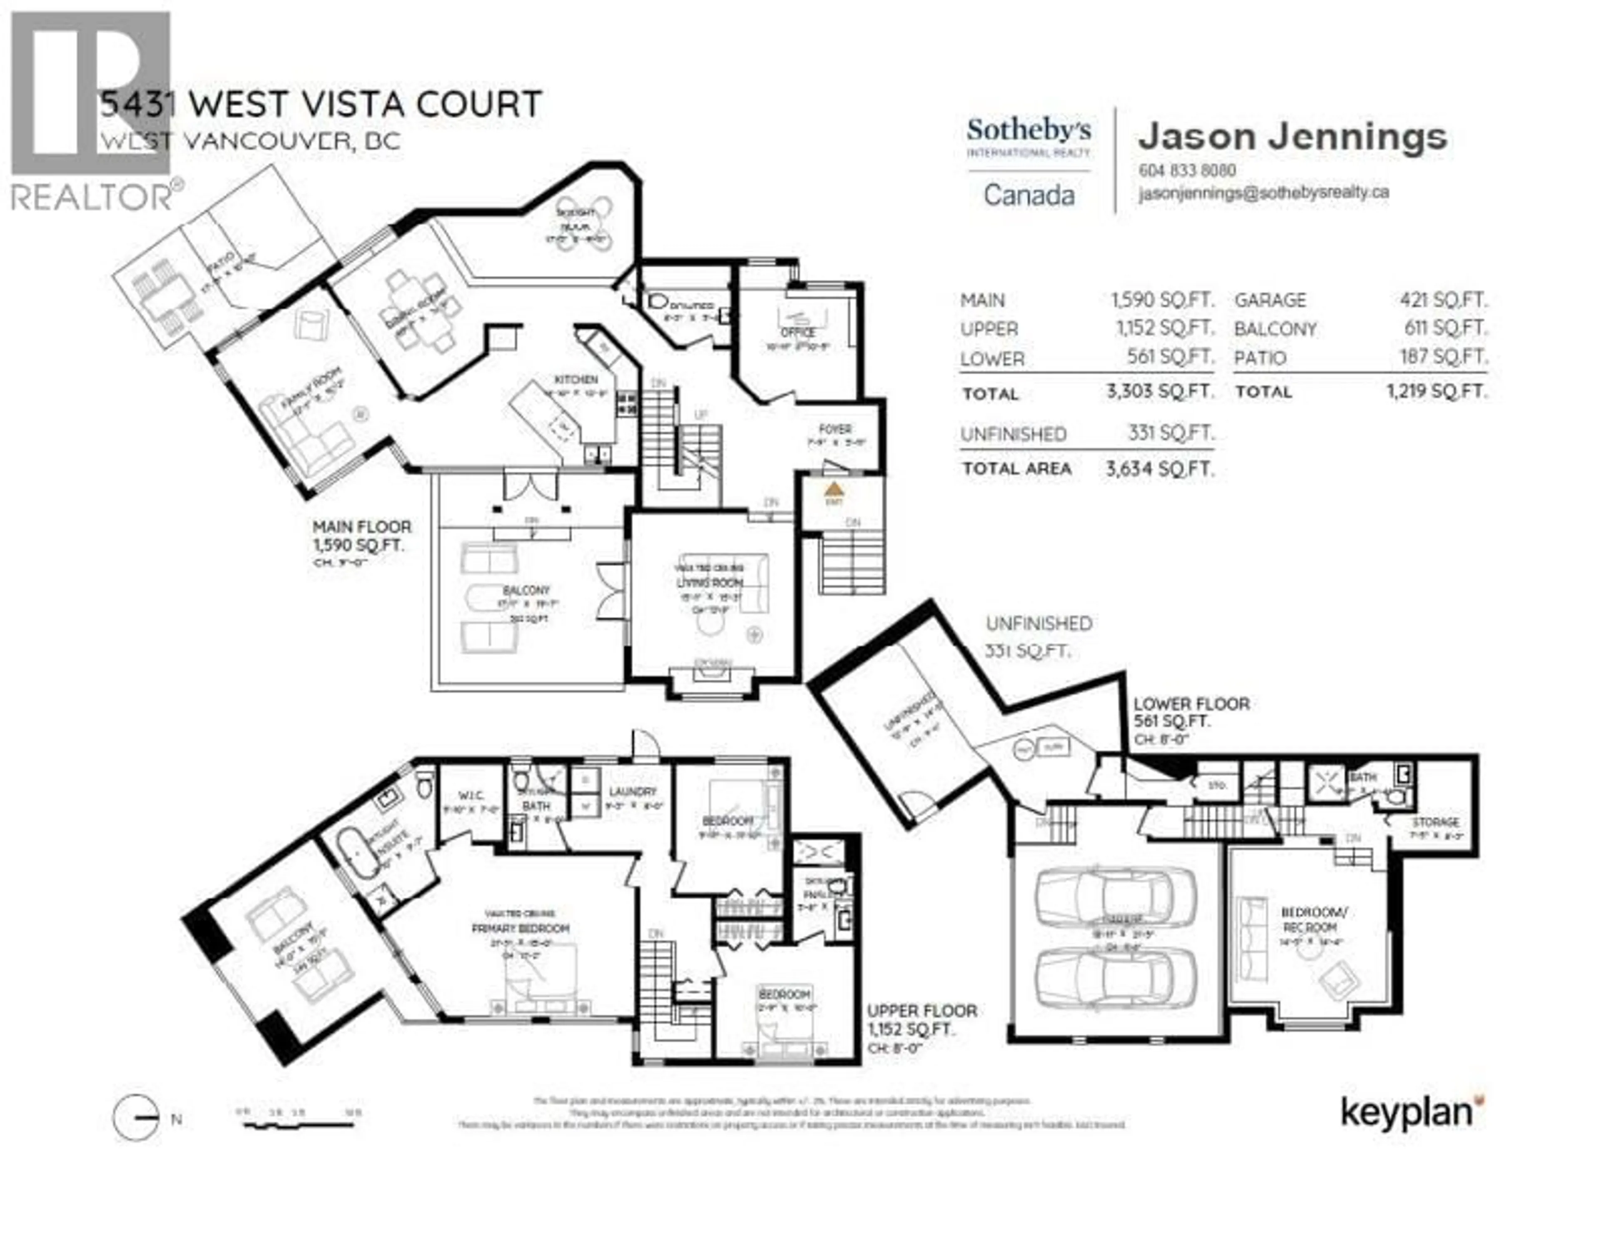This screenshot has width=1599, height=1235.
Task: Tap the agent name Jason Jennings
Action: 1292,137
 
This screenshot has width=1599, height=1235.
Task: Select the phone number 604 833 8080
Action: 1187,171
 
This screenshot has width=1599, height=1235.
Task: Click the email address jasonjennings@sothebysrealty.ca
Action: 1263,193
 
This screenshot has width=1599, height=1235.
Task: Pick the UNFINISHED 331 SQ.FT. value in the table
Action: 1170,433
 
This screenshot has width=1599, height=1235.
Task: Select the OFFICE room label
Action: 797,332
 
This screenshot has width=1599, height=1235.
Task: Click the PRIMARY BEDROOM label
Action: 520,928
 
